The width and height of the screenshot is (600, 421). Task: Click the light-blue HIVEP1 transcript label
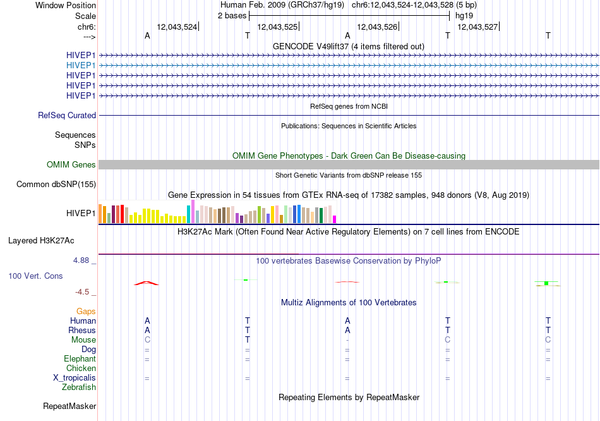click(81, 66)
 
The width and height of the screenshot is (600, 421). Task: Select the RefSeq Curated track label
click(67, 115)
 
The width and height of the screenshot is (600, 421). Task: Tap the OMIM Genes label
click(71, 165)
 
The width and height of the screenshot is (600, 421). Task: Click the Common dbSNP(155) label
click(56, 184)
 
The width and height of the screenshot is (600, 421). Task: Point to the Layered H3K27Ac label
click(41, 241)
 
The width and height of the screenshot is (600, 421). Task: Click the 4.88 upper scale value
click(81, 260)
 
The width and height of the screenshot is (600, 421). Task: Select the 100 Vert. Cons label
click(35, 276)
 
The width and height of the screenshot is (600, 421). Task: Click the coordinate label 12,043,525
click(277, 27)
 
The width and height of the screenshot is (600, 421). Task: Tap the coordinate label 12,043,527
click(477, 27)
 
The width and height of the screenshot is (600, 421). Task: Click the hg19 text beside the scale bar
click(464, 16)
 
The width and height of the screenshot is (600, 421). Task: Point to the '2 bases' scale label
click(232, 16)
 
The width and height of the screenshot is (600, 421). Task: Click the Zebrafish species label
click(79, 387)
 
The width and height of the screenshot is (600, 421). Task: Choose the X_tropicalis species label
click(75, 378)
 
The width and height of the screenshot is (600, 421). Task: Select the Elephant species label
click(80, 358)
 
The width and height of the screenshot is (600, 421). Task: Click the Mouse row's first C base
click(147, 340)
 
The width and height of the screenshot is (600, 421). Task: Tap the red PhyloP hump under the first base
click(146, 283)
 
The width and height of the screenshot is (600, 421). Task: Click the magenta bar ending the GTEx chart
click(335, 219)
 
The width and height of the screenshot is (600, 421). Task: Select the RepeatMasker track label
click(69, 406)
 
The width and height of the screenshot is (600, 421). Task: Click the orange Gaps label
click(86, 312)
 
